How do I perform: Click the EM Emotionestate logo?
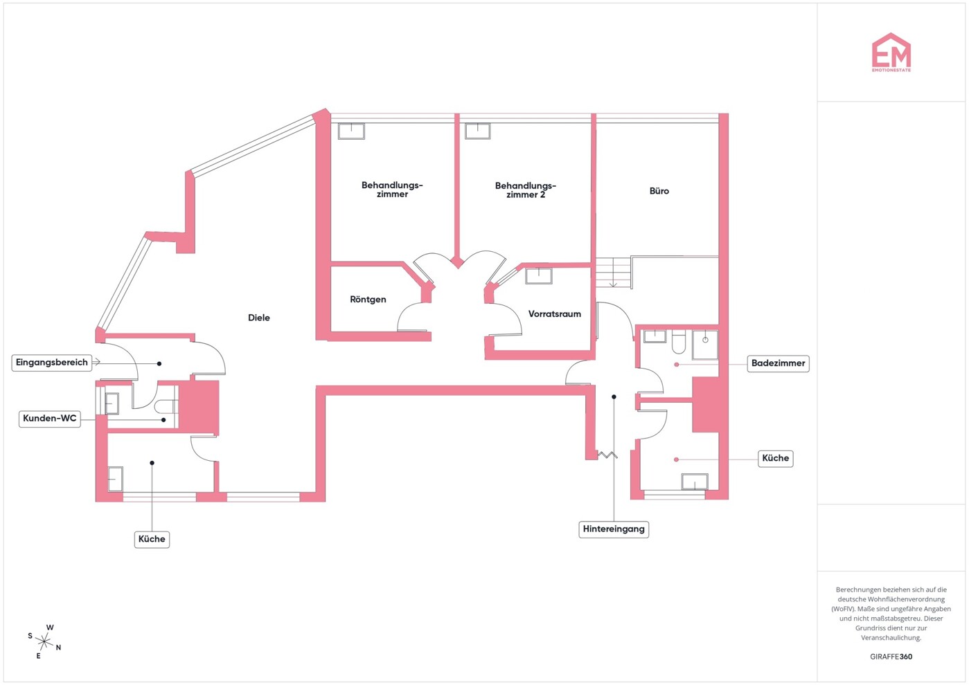tap(891, 53)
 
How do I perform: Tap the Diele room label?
tap(259, 318)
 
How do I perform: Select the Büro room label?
tap(659, 191)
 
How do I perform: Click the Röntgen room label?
tap(368, 300)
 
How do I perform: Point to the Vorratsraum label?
tap(554, 314)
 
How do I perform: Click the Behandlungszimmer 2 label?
tap(525, 190)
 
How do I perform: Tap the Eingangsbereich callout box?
tap(52, 363)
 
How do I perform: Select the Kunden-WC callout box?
tap(49, 419)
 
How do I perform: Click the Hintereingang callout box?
tap(614, 529)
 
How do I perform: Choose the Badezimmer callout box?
tap(778, 363)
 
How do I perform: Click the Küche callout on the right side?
tap(775, 458)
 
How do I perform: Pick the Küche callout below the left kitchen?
tap(152, 539)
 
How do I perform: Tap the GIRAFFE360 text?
tap(891, 657)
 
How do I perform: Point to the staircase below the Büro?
tap(614, 273)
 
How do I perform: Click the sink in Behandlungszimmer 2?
tap(477, 131)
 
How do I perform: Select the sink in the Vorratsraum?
tap(538, 276)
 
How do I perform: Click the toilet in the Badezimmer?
tap(679, 342)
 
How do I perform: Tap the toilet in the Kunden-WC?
tap(166, 406)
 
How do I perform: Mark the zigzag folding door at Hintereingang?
tap(607, 455)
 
